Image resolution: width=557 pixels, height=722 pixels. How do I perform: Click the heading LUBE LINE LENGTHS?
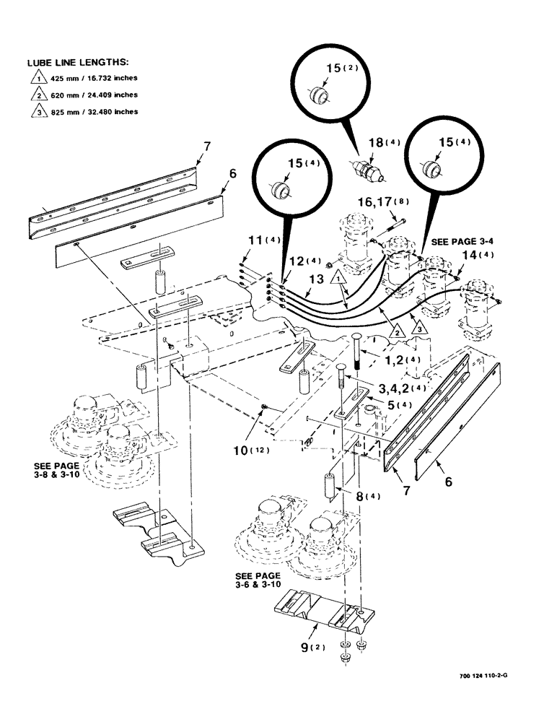coord(78,64)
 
